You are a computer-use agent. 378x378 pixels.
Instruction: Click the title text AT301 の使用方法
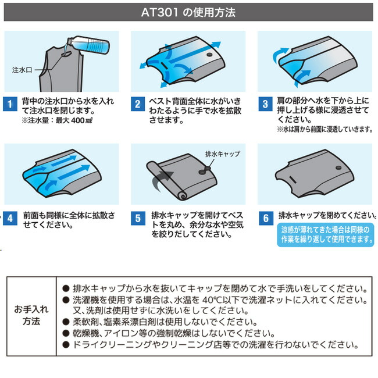[189, 12]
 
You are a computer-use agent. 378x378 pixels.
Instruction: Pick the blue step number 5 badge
[138, 219]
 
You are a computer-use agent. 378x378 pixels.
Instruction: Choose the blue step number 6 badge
[265, 219]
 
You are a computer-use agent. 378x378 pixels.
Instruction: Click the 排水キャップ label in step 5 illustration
[222, 154]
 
